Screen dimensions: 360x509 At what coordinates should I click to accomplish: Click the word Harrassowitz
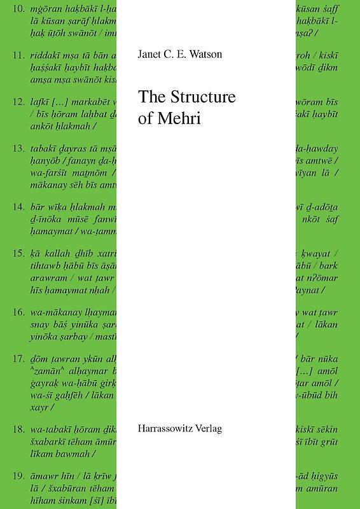[168, 428]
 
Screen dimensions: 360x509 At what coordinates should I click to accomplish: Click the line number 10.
[18, 9]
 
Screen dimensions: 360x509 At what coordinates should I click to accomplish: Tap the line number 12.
[18, 102]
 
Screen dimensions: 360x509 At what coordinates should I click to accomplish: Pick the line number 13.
[18, 149]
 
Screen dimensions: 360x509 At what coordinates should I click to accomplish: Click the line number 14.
[18, 207]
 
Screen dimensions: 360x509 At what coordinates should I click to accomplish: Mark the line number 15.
[18, 254]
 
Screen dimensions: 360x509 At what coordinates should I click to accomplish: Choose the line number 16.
[18, 312]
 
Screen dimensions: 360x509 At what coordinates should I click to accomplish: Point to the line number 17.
[18, 359]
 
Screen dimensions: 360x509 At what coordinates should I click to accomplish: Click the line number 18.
[18, 430]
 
